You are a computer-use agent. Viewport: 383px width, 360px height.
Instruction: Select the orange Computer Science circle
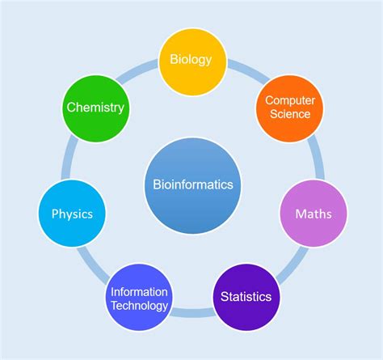tap(289, 107)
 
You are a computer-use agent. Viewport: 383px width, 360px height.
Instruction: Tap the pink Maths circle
tap(313, 214)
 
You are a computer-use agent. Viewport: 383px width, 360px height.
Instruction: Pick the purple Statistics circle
tap(246, 296)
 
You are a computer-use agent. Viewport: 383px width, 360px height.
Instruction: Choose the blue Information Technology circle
tap(141, 299)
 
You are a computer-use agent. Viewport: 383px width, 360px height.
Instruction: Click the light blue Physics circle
tap(72, 214)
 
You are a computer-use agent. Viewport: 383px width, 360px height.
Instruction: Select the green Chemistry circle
tap(95, 107)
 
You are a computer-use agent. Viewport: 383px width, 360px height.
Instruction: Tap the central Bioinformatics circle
tap(192, 184)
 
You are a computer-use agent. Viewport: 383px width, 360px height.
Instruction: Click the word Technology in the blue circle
tap(141, 306)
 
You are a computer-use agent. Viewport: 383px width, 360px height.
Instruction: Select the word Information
tap(141, 292)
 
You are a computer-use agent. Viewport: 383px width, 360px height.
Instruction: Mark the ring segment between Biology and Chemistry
tap(142, 71)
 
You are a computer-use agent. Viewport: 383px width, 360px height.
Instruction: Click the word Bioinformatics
tap(192, 184)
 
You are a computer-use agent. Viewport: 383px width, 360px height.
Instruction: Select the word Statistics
tap(246, 297)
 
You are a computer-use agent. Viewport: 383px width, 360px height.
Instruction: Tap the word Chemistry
tap(95, 108)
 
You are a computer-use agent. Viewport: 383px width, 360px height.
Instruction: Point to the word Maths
tap(313, 215)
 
